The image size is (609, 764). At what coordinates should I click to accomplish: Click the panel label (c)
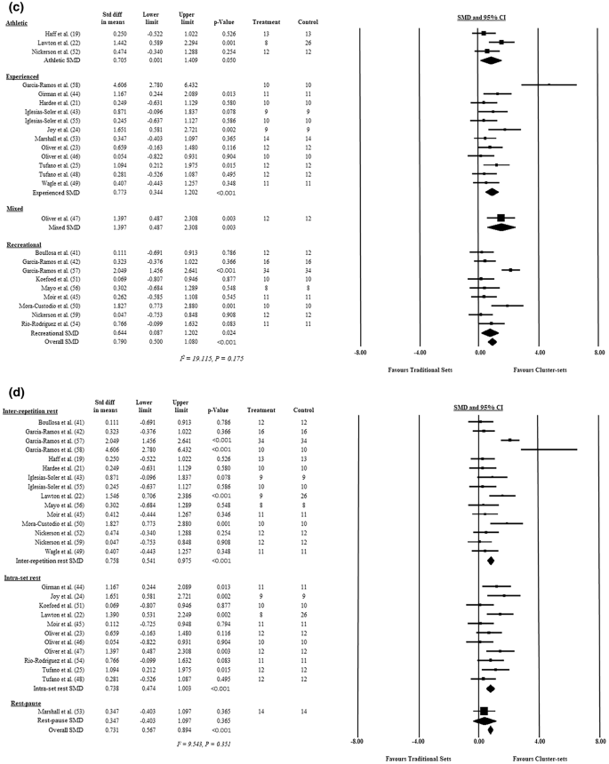(12, 11)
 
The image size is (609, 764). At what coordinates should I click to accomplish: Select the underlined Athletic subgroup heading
(20, 26)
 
